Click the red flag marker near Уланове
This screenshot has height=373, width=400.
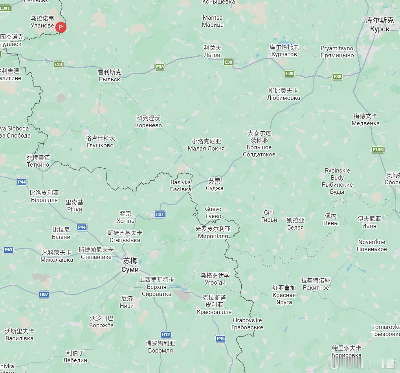(x=61, y=27)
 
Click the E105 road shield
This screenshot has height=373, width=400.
(x=378, y=150)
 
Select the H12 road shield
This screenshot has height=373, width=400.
(x=166, y=334)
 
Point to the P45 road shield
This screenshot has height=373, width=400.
(x=221, y=338)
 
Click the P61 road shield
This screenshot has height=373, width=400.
(x=8, y=250)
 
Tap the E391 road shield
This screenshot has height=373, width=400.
(x=5, y=8)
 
